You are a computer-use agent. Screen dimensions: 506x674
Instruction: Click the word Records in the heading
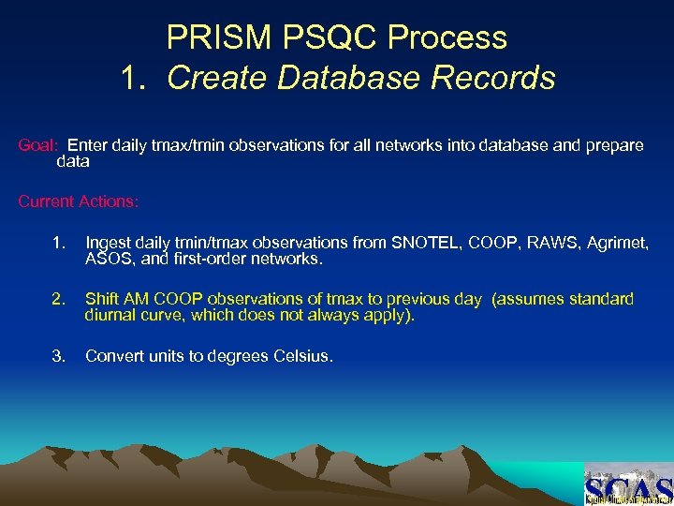[x=496, y=78]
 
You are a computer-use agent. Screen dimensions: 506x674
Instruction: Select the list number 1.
[x=59, y=244]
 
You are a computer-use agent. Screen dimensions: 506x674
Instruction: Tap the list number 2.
[x=59, y=299]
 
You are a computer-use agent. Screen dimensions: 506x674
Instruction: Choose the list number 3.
[x=59, y=356]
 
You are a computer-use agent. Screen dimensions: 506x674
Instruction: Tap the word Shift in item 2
[x=102, y=299]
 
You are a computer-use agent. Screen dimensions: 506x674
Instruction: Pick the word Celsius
[x=301, y=356]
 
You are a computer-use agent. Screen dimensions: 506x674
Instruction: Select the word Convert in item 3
[x=113, y=356]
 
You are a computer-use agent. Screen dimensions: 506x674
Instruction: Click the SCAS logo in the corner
[x=627, y=485]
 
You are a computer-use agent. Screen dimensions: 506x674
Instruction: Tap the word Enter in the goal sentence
[x=87, y=146]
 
